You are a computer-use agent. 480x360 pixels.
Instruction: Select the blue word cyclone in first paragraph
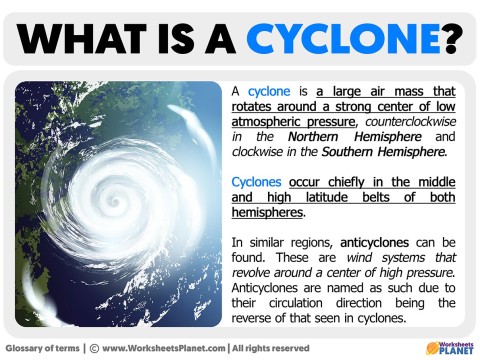268,90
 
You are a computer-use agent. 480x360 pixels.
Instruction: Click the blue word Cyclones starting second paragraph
257,183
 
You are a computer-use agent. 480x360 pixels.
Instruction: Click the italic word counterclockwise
411,121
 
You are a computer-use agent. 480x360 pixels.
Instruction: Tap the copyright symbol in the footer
94,347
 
